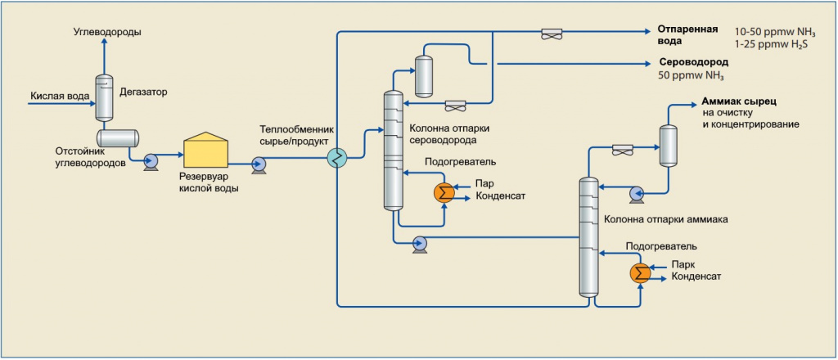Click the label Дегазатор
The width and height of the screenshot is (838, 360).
point(143,92)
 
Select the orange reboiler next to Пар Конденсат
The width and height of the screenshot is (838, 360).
point(445,191)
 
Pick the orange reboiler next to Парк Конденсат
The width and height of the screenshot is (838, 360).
point(641,272)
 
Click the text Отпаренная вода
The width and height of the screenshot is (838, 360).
point(687,35)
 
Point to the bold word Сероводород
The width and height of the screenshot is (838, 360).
point(693,62)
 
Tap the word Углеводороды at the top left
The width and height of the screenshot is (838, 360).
point(107,32)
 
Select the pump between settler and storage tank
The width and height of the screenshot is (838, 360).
point(151,160)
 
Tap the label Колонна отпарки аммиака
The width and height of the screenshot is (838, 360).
point(665,220)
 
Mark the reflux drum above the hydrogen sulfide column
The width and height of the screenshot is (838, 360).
point(425,75)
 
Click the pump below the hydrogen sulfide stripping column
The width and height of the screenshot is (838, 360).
point(420,244)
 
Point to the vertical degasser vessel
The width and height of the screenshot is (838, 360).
point(105,98)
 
